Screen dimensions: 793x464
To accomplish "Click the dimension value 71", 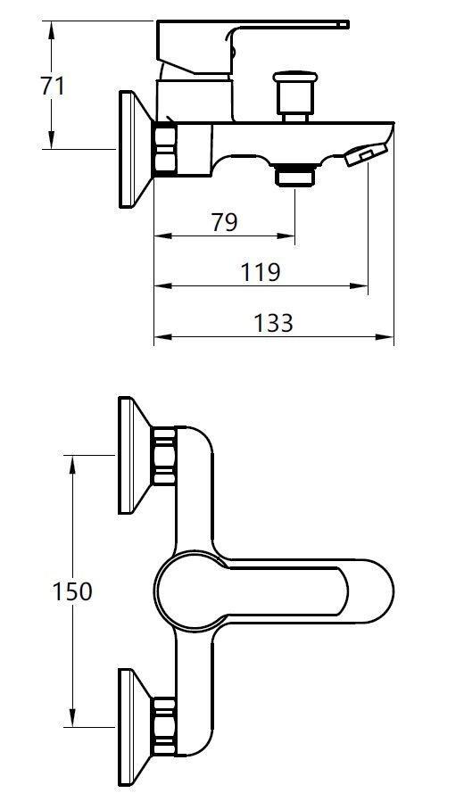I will [53, 87].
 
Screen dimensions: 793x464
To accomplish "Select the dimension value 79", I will [224, 222].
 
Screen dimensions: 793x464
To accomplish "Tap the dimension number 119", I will [261, 271].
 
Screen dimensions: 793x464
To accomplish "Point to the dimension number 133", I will [273, 322].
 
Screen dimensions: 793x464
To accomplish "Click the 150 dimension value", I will [71, 591].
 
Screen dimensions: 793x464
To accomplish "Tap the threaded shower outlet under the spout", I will [294, 175].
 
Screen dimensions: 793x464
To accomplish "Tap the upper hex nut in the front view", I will [164, 456].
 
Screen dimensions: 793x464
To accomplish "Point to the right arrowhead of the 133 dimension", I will [388, 338].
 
